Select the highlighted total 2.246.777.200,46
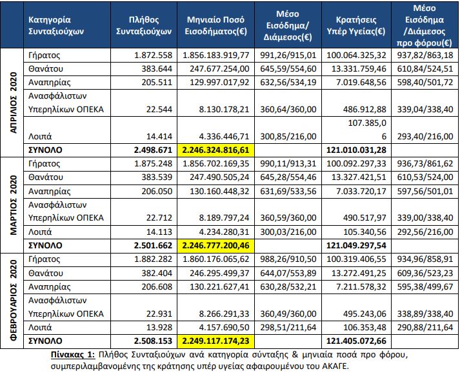click(215, 246)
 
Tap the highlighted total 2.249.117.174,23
click(215, 340)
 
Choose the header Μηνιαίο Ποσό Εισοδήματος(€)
click(215, 25)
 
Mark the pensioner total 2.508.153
click(151, 340)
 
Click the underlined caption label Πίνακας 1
click(72, 355)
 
